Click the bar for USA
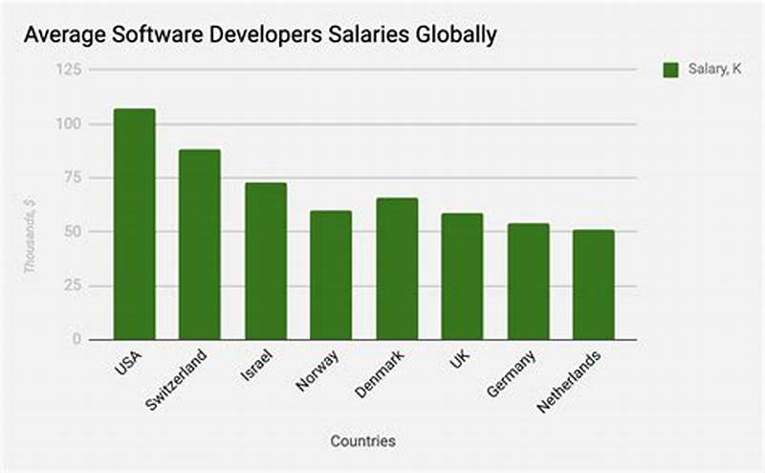click(134, 224)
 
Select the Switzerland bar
click(200, 244)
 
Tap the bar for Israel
click(266, 260)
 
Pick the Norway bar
click(331, 275)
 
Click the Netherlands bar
click(593, 284)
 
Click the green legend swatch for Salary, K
click(670, 70)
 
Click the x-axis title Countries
click(362, 441)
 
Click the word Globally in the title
click(452, 36)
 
